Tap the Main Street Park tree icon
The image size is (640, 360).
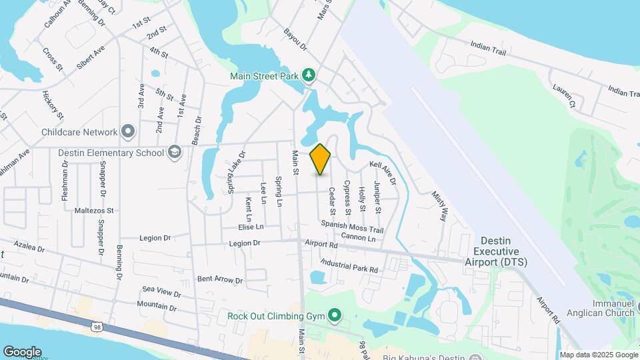coord(309,75)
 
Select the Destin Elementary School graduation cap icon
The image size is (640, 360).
coord(174,153)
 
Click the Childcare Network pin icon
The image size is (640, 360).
coord(128,131)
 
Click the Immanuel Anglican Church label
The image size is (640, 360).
coord(600,308)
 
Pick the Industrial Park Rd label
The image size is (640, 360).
coord(349,265)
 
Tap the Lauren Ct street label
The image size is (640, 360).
coord(563,96)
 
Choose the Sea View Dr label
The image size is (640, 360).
coord(161,291)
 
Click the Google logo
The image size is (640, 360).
coord(22,352)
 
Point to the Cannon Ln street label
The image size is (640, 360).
coord(358,238)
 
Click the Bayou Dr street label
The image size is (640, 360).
coord(295,39)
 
